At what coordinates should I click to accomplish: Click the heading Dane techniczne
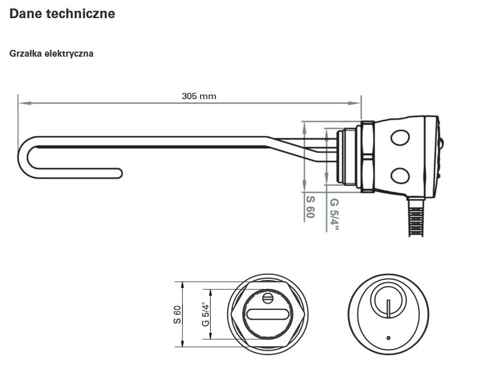pos(62,14)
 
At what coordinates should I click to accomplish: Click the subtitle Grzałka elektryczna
pos(52,54)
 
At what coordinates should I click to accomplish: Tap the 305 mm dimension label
pos(199,96)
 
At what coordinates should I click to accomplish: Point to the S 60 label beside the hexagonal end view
pos(177,314)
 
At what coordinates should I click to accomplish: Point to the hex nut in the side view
pos(366,156)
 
